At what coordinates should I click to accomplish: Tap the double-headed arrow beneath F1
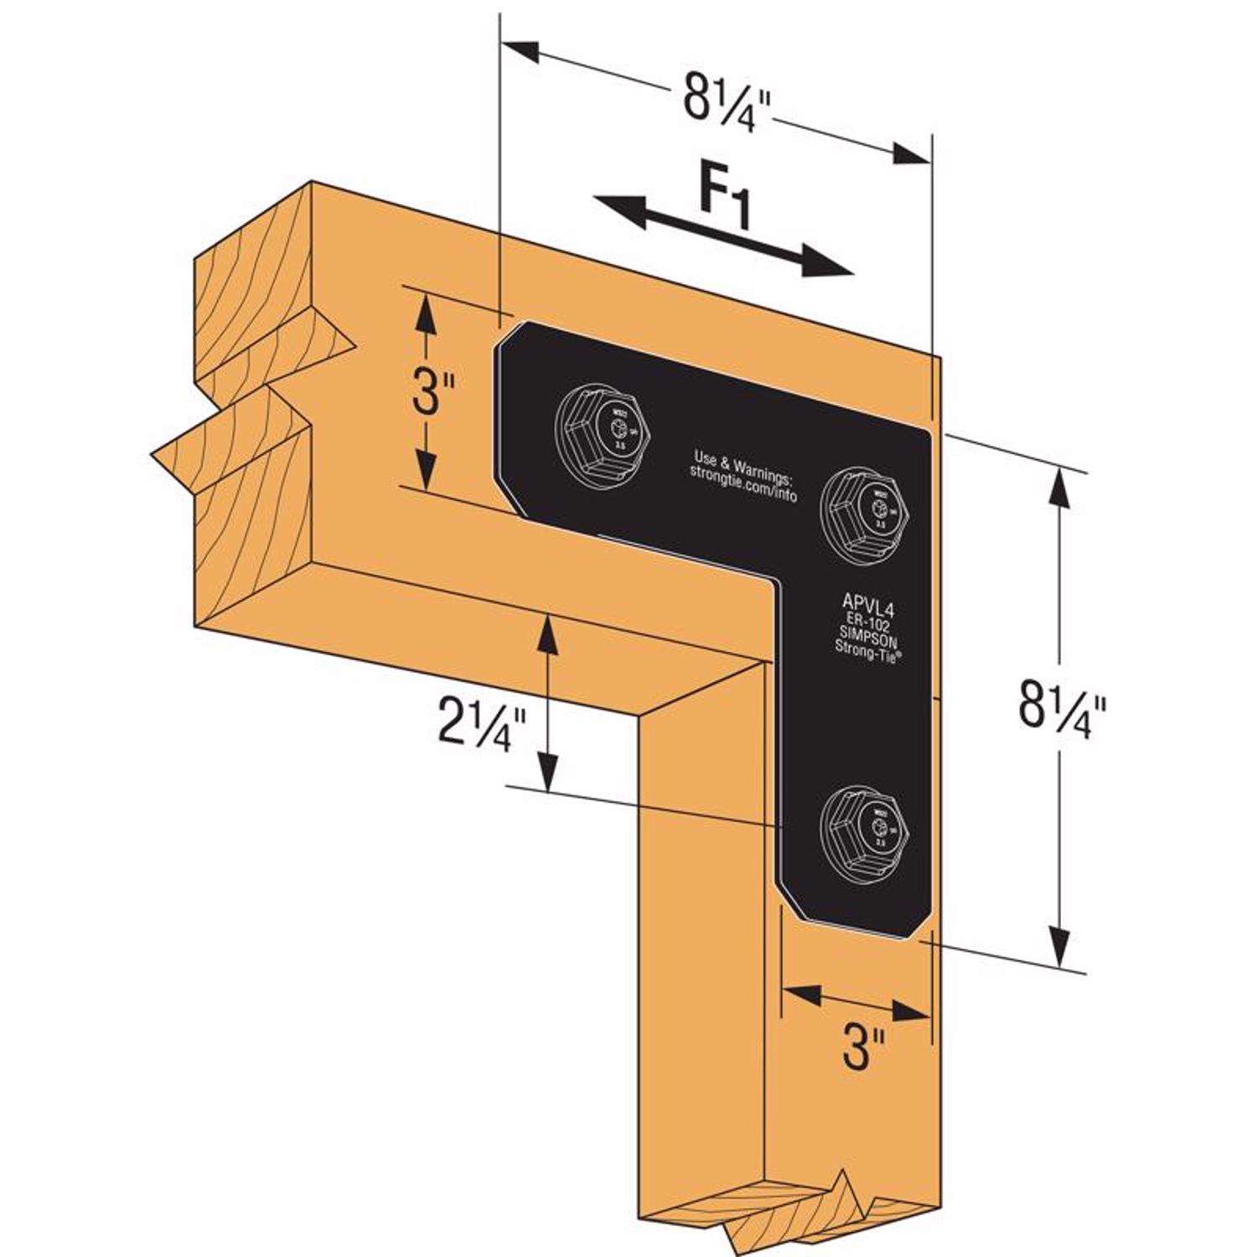click(x=722, y=235)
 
